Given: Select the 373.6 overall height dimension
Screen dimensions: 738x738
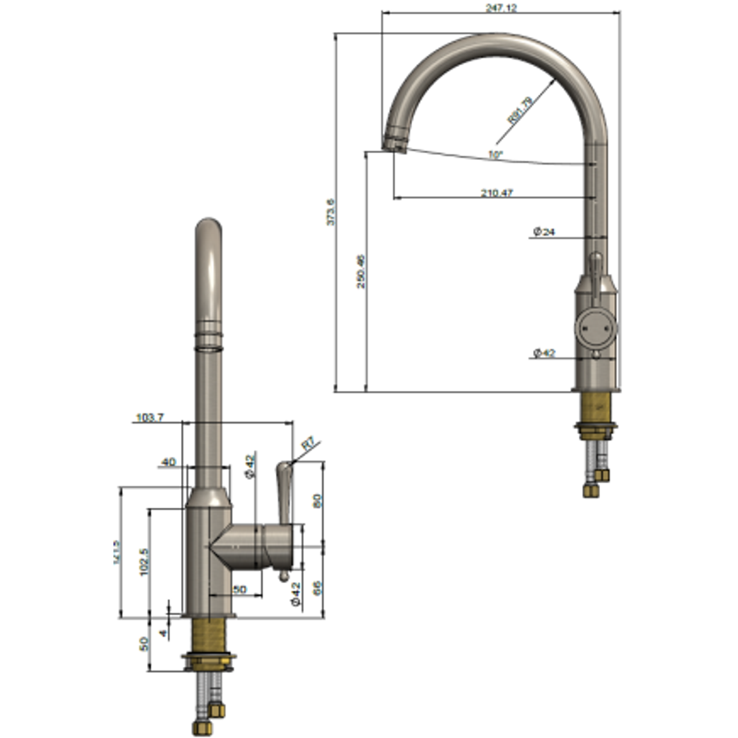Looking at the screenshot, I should pos(331,213).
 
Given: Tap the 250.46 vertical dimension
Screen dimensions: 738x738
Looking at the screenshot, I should pos(361,271).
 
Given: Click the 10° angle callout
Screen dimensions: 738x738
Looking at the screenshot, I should pos(495,155).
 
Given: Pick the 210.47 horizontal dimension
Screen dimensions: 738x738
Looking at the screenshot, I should pos(497,193).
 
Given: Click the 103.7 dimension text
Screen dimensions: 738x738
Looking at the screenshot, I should pos(150,418).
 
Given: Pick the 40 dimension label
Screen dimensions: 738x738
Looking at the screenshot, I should pos(168,463).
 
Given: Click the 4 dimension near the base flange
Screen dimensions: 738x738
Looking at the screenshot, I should pos(163,633).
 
